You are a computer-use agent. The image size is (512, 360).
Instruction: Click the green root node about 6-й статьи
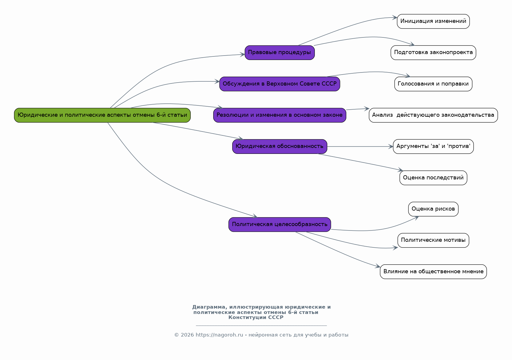pos(102,115)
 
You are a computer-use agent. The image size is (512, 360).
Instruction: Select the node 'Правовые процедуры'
pos(279,53)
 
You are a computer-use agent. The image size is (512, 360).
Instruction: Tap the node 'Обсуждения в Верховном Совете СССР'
pos(279,84)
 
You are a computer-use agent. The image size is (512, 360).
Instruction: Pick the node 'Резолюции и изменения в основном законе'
pos(279,115)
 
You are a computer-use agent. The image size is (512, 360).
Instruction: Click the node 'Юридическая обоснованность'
pos(279,146)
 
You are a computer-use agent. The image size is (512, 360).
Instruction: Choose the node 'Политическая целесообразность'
pos(279,225)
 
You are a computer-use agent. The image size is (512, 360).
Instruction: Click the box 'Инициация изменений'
pos(433,21)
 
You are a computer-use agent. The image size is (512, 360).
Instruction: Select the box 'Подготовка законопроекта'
pos(433,53)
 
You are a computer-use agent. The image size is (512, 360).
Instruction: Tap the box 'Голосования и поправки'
pos(433,84)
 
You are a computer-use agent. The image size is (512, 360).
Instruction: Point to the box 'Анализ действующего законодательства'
pos(433,115)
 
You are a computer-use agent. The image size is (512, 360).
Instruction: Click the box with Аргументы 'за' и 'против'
pos(433,146)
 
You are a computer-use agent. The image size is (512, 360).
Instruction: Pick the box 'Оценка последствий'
pos(433,178)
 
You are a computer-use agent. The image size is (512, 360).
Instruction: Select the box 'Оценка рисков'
pos(433,209)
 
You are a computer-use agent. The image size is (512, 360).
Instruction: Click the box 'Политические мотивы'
pos(433,240)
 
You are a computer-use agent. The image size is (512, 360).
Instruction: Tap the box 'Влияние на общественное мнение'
pos(433,271)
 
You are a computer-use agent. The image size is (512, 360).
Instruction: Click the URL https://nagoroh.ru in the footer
pos(219,335)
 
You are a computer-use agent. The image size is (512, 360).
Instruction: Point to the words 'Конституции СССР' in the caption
pos(256,318)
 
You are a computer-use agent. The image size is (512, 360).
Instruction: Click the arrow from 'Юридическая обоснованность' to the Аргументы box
pos(360,146)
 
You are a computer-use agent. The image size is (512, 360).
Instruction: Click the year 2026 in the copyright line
pos(187,335)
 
